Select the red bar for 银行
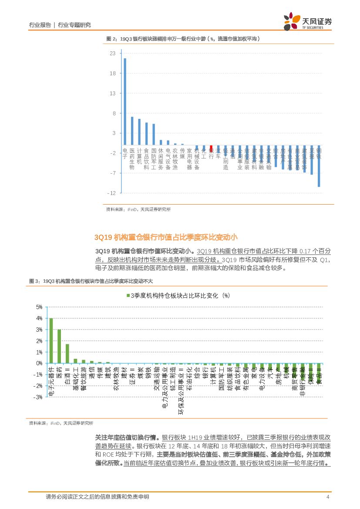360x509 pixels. coord(211,148)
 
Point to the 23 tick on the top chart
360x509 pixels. coord(112,54)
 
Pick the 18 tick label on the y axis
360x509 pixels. coord(112,74)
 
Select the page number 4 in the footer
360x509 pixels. coord(327,497)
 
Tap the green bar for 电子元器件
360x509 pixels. coord(51,340)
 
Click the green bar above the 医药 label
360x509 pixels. coord(59,346)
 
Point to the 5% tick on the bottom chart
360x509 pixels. coord(39,307)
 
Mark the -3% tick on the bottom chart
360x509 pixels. coord(38,397)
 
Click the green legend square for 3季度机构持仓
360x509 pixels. coord(128,296)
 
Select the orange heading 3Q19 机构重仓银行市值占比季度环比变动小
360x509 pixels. coord(166,237)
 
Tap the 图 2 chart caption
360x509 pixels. coord(183,39)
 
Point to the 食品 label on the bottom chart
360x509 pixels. coord(320,376)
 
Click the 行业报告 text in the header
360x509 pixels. coord(40,25)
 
